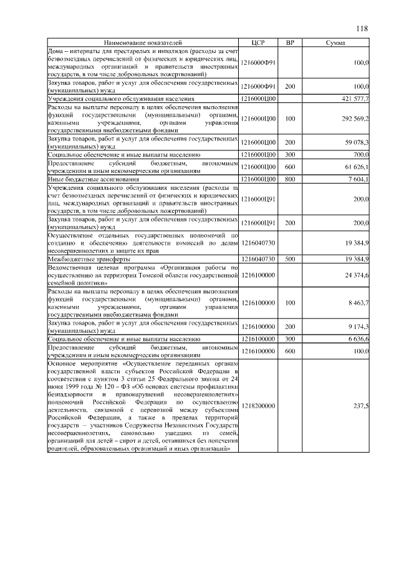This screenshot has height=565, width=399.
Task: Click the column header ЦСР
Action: tap(258, 42)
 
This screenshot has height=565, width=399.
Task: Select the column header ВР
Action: tap(289, 42)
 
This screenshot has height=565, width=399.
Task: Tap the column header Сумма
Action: tap(336, 42)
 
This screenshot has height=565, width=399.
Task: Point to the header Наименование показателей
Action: tap(143, 42)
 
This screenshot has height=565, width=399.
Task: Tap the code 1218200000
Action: tap(258, 405)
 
